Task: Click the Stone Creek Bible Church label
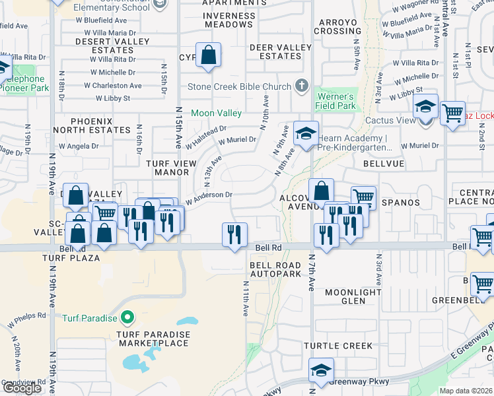[239, 86]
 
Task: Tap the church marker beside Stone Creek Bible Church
[302, 86]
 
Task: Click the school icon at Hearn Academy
[306, 134]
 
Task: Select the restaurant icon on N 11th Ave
[234, 235]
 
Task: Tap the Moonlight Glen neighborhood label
[353, 296]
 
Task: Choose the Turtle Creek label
[338, 346]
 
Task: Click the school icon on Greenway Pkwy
[321, 372]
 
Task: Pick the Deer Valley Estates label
[280, 51]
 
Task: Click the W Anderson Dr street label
[209, 195]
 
